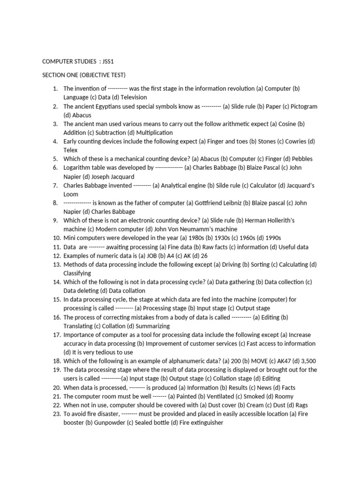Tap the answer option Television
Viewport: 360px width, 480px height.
point(134,97)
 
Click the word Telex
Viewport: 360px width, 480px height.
point(70,150)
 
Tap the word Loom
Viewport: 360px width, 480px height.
point(71,194)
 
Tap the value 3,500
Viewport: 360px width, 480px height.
point(307,361)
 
